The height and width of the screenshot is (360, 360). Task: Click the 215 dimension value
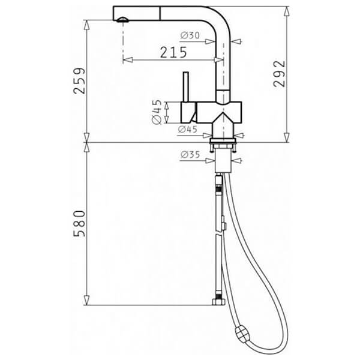point(173,52)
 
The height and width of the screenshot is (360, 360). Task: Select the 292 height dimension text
point(280,74)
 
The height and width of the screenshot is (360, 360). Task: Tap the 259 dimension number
point(79,81)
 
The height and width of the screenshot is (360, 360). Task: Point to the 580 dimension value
point(79,223)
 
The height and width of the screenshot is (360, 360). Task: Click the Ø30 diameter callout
point(190,35)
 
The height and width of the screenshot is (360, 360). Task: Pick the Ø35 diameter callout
point(190,155)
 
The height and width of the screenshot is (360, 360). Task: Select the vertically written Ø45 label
point(157,112)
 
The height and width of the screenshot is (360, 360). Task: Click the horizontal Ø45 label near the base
point(188,130)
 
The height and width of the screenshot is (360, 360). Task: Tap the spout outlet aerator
point(123,20)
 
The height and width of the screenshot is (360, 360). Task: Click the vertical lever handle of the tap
point(186,87)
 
